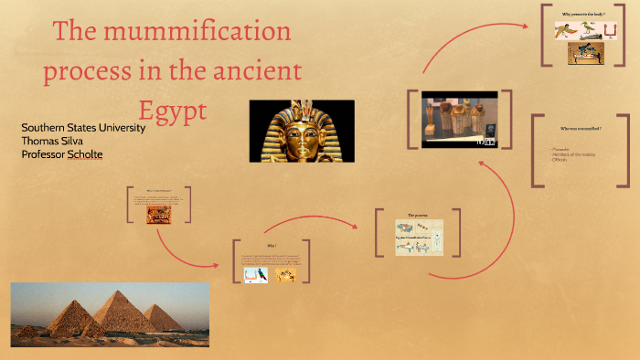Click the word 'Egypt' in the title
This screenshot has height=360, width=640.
[173, 110]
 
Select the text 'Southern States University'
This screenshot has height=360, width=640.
[82, 128]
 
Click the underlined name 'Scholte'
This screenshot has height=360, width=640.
[81, 154]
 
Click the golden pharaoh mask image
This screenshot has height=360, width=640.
[301, 131]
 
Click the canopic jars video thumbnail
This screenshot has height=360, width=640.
[459, 120]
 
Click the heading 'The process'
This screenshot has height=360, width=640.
[419, 214]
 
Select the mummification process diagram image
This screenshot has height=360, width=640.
[419, 237]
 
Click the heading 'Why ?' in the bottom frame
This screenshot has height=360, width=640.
[271, 246]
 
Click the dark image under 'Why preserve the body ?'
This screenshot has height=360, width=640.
[586, 53]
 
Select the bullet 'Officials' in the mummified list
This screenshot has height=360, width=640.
[560, 160]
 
